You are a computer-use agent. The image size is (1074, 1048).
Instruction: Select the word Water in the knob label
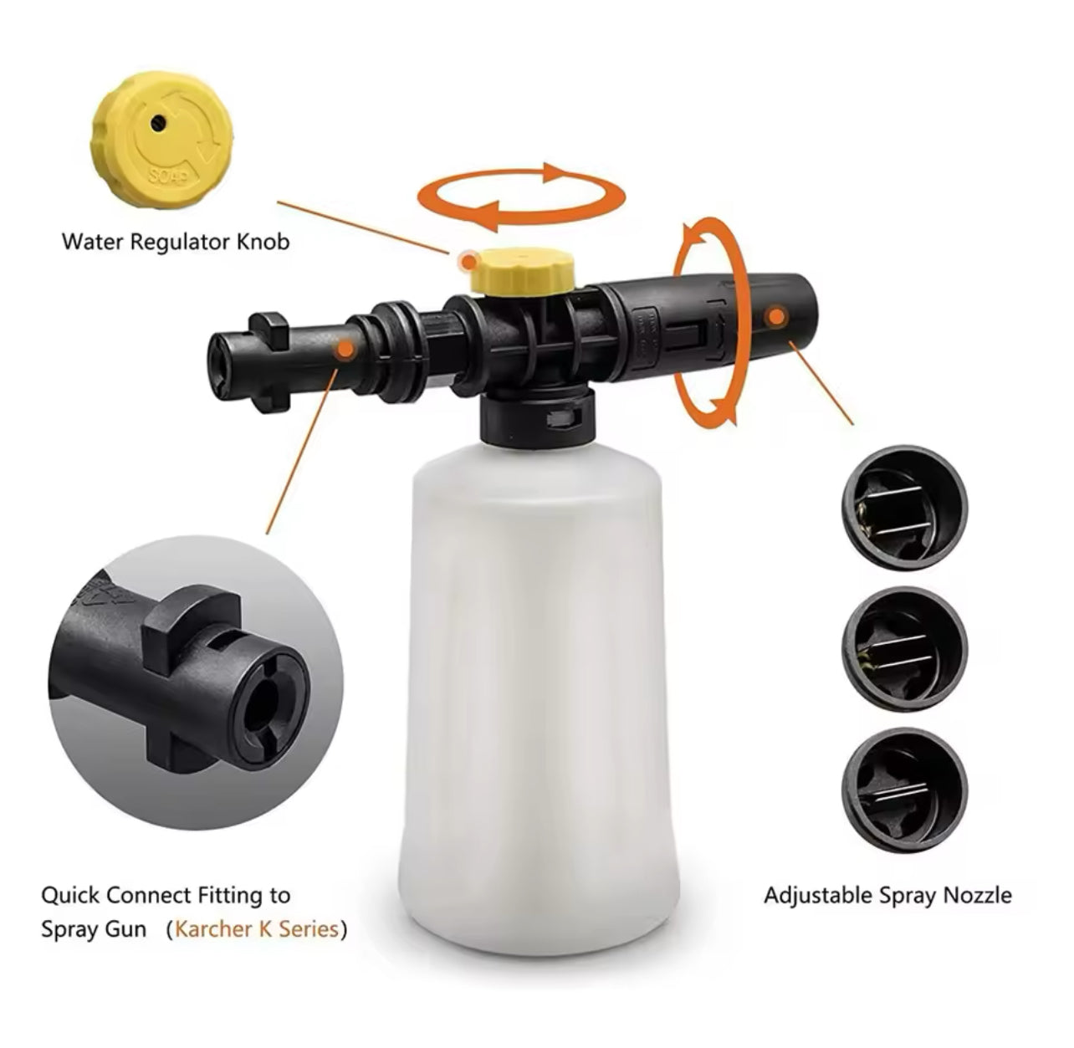[89, 243]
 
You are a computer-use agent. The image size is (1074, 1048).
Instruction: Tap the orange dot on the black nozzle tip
[776, 317]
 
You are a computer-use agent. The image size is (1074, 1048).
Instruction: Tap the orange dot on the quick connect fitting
[343, 352]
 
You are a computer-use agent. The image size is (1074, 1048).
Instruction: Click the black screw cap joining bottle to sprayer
[535, 412]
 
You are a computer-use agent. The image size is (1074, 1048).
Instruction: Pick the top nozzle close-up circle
[904, 508]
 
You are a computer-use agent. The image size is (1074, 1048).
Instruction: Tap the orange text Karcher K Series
[257, 929]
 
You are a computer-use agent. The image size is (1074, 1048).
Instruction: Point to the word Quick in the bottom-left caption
[70, 896]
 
